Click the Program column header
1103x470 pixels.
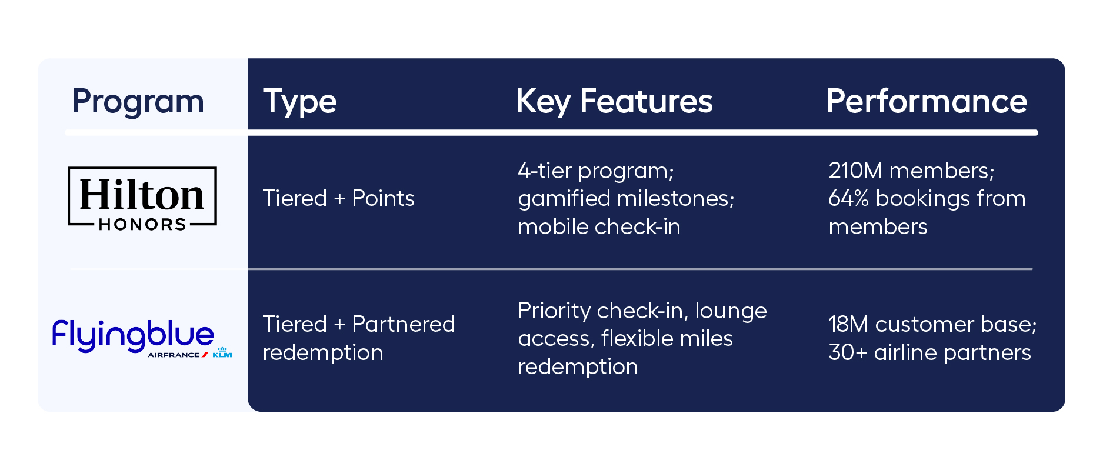pyautogui.click(x=138, y=102)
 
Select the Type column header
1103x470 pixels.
pyautogui.click(x=299, y=102)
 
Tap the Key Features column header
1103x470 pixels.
pyautogui.click(x=614, y=102)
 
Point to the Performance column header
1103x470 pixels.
pyautogui.click(x=926, y=102)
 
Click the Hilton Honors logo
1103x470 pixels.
pyautogui.click(x=142, y=198)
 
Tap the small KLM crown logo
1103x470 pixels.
pyautogui.click(x=222, y=352)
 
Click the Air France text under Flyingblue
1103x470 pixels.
pyautogui.click(x=174, y=355)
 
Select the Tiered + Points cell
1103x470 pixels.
pyautogui.click(x=338, y=199)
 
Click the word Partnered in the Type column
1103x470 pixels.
pyautogui.click(x=403, y=324)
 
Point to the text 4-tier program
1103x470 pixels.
pyautogui.click(x=595, y=171)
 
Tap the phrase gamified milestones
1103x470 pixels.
pyautogui.click(x=625, y=199)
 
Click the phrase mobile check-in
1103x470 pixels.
pyautogui.click(x=599, y=227)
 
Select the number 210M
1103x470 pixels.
pyautogui.click(x=855, y=171)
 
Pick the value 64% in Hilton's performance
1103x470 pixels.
pyautogui.click(x=848, y=199)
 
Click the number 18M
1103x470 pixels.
pyautogui.click(x=848, y=324)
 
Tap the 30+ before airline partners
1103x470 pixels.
pyautogui.click(x=847, y=352)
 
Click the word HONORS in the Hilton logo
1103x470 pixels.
pyautogui.click(x=142, y=225)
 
